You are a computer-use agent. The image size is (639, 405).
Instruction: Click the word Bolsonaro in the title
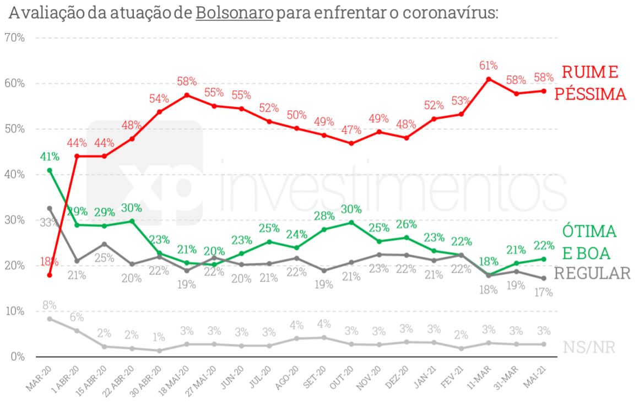click(234, 12)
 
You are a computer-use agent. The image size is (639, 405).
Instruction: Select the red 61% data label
click(489, 66)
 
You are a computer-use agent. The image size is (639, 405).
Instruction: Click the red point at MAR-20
click(50, 275)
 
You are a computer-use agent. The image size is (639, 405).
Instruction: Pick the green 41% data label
click(50, 157)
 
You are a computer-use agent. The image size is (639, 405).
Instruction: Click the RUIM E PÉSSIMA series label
click(590, 83)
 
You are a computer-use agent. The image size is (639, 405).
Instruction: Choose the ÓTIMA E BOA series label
click(589, 242)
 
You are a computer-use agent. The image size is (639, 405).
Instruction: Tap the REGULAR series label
click(592, 273)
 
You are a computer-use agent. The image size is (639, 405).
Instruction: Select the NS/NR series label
click(589, 347)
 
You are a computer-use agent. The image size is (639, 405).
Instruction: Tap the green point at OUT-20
click(351, 223)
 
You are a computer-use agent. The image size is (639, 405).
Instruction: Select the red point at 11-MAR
click(489, 79)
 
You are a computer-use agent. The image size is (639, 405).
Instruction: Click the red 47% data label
click(351, 131)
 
